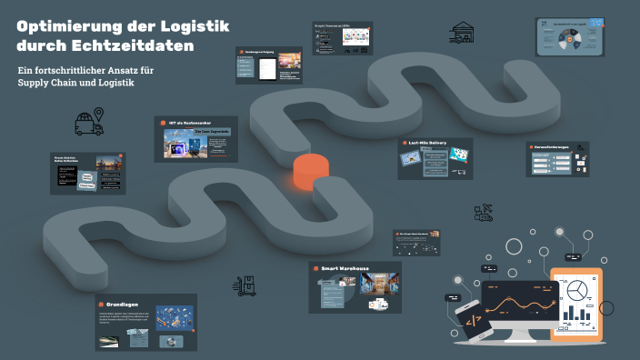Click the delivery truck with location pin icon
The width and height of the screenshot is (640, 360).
[x=89, y=123]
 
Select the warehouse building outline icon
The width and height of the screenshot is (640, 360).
[x=462, y=32]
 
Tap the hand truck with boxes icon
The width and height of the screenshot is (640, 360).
[x=244, y=285]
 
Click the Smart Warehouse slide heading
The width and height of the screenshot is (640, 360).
[x=344, y=268]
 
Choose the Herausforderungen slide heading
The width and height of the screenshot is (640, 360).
[x=556, y=146]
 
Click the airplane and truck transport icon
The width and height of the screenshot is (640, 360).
[x=484, y=214]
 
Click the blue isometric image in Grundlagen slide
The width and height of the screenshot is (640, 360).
[x=173, y=317]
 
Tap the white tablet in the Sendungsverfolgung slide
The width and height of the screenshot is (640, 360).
[x=267, y=68]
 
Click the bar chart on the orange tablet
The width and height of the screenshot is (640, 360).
[x=576, y=315]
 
